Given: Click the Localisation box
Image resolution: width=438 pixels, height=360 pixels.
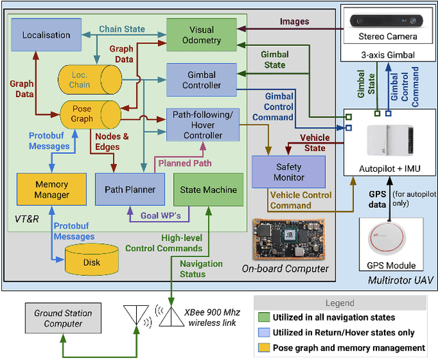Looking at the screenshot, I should (46, 35).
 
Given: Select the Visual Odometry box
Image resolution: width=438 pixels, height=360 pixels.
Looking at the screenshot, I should (201, 35).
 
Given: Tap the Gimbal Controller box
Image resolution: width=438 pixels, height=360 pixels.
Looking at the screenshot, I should (201, 79).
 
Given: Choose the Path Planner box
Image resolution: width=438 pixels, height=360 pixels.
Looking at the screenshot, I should (130, 190).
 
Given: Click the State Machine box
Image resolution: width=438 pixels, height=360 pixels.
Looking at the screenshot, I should (207, 190).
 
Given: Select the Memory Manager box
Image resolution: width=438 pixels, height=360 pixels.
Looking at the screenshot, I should (51, 190).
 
